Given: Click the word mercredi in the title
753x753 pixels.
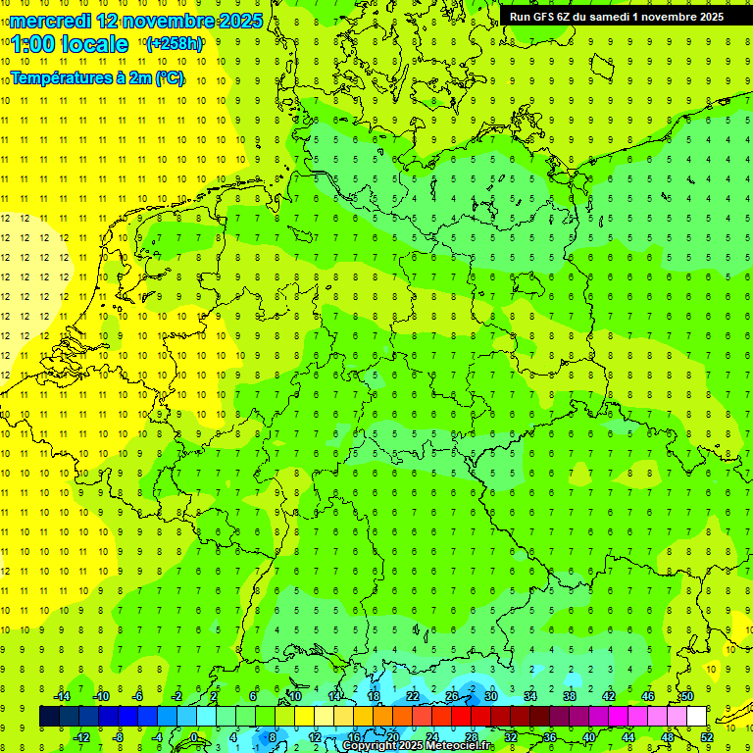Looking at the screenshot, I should tap(51, 20).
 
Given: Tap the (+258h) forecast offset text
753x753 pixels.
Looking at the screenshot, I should tap(174, 44).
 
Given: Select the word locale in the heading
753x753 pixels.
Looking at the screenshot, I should tap(93, 44).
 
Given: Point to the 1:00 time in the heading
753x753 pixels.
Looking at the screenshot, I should tap(31, 44).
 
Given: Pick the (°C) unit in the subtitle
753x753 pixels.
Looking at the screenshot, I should tap(169, 78).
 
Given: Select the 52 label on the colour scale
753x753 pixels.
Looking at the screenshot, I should tap(707, 737).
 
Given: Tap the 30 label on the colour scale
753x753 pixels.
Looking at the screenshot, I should tap(491, 696).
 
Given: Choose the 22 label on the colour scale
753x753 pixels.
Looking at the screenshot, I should tap(413, 696).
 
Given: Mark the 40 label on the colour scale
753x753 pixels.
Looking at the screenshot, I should tap(589, 737).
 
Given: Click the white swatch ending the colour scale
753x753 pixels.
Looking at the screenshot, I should tap(696, 716).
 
